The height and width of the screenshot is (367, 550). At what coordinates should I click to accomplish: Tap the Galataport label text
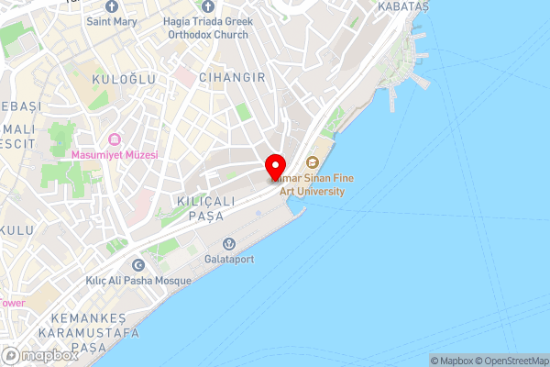pyautogui.click(x=229, y=259)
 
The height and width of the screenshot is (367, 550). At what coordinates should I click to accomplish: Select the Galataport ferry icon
pyautogui.click(x=229, y=243)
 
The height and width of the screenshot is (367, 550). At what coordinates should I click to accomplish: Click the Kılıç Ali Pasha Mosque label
pyautogui.click(x=138, y=280)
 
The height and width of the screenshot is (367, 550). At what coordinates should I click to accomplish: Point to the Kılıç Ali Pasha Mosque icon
pyautogui.click(x=138, y=264)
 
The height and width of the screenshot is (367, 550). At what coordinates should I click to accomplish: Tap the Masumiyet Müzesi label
pyautogui.click(x=115, y=155)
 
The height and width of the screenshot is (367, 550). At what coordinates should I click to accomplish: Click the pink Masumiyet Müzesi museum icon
pyautogui.click(x=115, y=139)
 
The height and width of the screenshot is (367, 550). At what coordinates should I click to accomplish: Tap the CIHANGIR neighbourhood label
pyautogui.click(x=232, y=78)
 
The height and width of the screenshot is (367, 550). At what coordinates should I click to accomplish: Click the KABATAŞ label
pyautogui.click(x=402, y=6)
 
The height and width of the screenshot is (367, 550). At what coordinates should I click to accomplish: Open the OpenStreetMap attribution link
pyautogui.click(x=515, y=361)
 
